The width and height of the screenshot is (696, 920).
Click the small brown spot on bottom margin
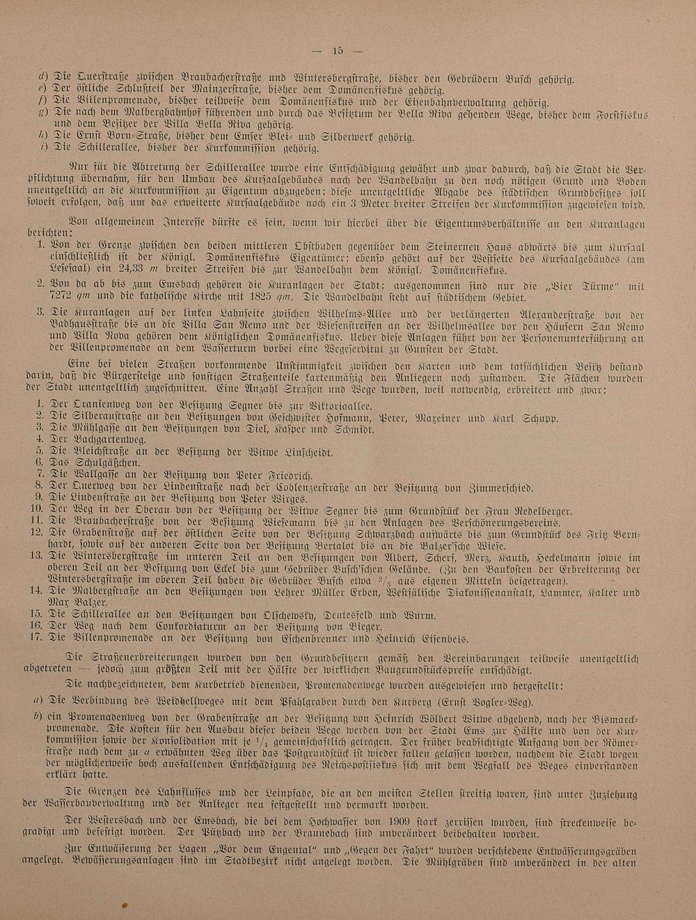click(x=125, y=905)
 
